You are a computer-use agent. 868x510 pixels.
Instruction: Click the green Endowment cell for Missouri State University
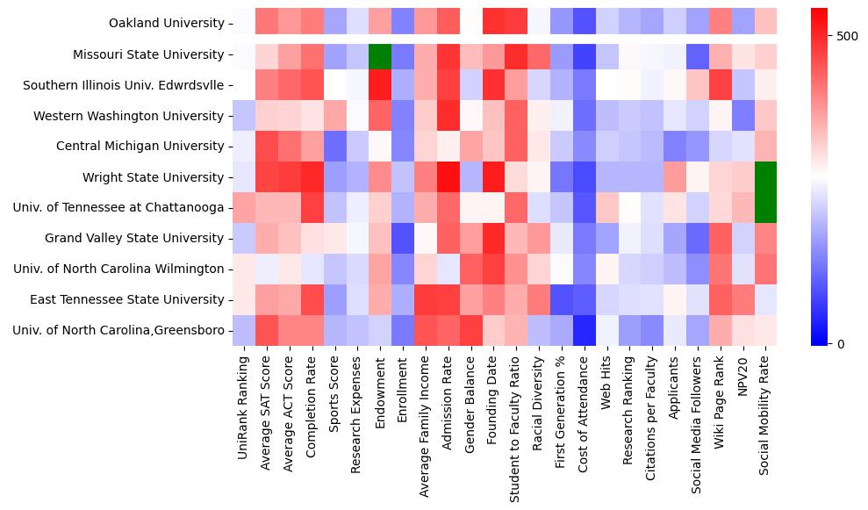click(x=380, y=54)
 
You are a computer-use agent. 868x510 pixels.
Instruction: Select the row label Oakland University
click(x=167, y=24)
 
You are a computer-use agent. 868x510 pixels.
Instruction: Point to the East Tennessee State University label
click(x=126, y=300)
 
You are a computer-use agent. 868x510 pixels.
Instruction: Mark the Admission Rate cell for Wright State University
click(x=448, y=177)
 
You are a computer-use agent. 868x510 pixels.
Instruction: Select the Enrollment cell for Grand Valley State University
click(x=403, y=239)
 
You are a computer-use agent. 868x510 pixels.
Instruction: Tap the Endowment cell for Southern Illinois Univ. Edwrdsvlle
click(x=380, y=85)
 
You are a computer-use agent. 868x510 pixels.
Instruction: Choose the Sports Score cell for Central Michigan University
click(x=334, y=147)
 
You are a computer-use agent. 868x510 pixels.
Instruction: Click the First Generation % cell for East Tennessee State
click(x=562, y=300)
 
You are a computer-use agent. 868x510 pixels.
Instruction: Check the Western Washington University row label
click(x=128, y=116)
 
